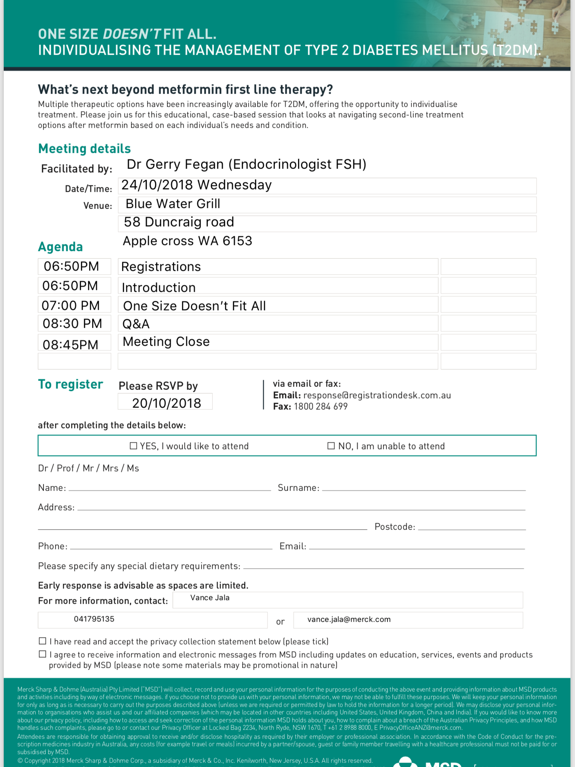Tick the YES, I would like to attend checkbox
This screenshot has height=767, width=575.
click(133, 446)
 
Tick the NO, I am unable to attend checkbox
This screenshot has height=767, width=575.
click(331, 446)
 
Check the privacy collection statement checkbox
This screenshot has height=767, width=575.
click(43, 641)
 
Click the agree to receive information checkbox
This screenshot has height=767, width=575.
click(43, 654)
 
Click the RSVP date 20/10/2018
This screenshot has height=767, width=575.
click(167, 403)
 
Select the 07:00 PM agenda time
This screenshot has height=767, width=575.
click(71, 305)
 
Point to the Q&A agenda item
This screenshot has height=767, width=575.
click(136, 324)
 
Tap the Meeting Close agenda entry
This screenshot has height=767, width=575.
click(166, 342)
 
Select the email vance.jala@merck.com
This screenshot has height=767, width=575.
click(349, 619)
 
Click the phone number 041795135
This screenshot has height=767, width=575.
click(94, 619)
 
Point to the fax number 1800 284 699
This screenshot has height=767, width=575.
click(321, 406)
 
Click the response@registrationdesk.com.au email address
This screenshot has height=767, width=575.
click(377, 395)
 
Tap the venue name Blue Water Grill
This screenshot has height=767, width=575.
click(173, 204)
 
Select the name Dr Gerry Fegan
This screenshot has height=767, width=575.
click(175, 164)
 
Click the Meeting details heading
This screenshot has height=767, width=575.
click(85, 149)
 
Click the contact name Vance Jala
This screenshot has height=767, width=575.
click(210, 598)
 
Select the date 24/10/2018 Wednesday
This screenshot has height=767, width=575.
click(197, 185)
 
